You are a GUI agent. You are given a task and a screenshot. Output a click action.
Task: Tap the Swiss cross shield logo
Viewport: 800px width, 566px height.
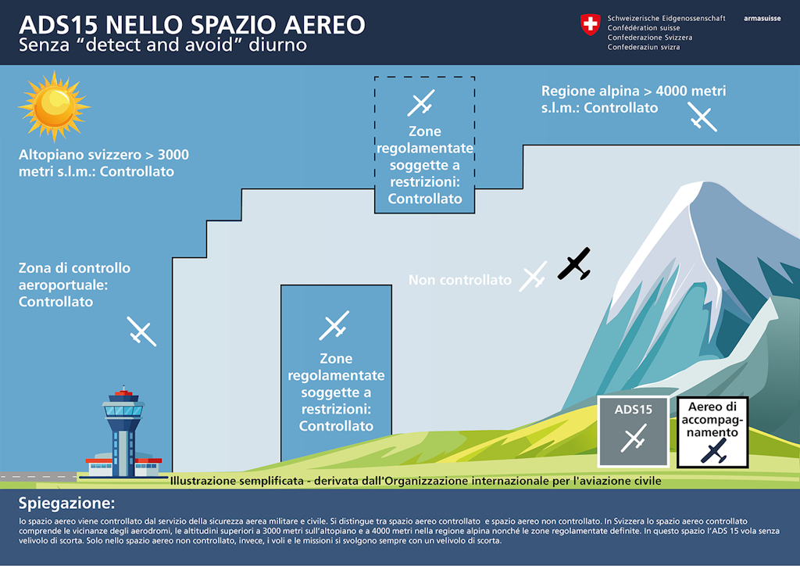click(590, 24)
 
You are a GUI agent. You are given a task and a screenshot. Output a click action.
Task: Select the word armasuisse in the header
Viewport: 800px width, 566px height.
click(762, 17)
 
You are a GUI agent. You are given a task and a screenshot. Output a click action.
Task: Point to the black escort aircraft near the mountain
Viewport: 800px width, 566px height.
click(574, 264)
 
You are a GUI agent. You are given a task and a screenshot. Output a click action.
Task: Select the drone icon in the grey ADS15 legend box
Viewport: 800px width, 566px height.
click(634, 439)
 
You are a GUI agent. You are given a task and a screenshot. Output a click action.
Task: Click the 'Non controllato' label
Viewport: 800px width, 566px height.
click(460, 280)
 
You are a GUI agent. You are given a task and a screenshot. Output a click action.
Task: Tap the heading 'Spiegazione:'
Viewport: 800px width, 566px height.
click(66, 502)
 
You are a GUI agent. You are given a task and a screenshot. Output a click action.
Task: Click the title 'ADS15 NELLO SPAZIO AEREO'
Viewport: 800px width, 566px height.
click(192, 24)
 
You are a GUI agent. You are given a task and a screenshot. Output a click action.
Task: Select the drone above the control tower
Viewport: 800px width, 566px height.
click(142, 331)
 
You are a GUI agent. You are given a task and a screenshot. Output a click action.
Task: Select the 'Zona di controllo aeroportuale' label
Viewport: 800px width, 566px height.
click(74, 285)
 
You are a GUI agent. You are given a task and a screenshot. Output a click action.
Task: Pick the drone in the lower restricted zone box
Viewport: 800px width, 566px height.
click(334, 326)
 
